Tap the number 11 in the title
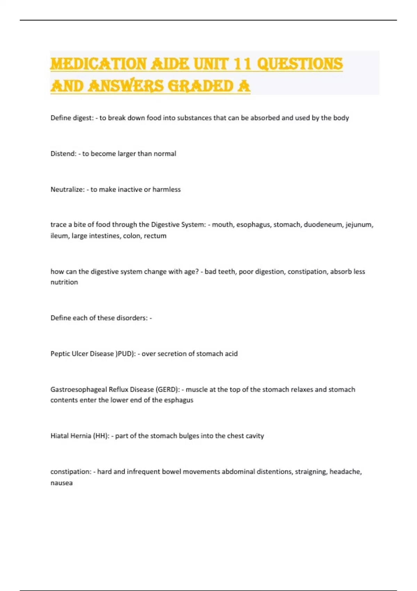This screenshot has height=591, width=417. point(242,64)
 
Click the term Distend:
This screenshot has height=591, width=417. point(63,154)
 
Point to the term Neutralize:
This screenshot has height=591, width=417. point(67,189)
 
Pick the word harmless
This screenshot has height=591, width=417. point(166,189)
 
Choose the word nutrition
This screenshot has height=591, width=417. point(64,282)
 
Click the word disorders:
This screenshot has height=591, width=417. point(132,318)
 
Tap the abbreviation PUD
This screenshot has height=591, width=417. point(125,354)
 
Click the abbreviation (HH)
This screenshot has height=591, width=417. point(101,436)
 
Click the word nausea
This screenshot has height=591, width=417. point(62,483)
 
